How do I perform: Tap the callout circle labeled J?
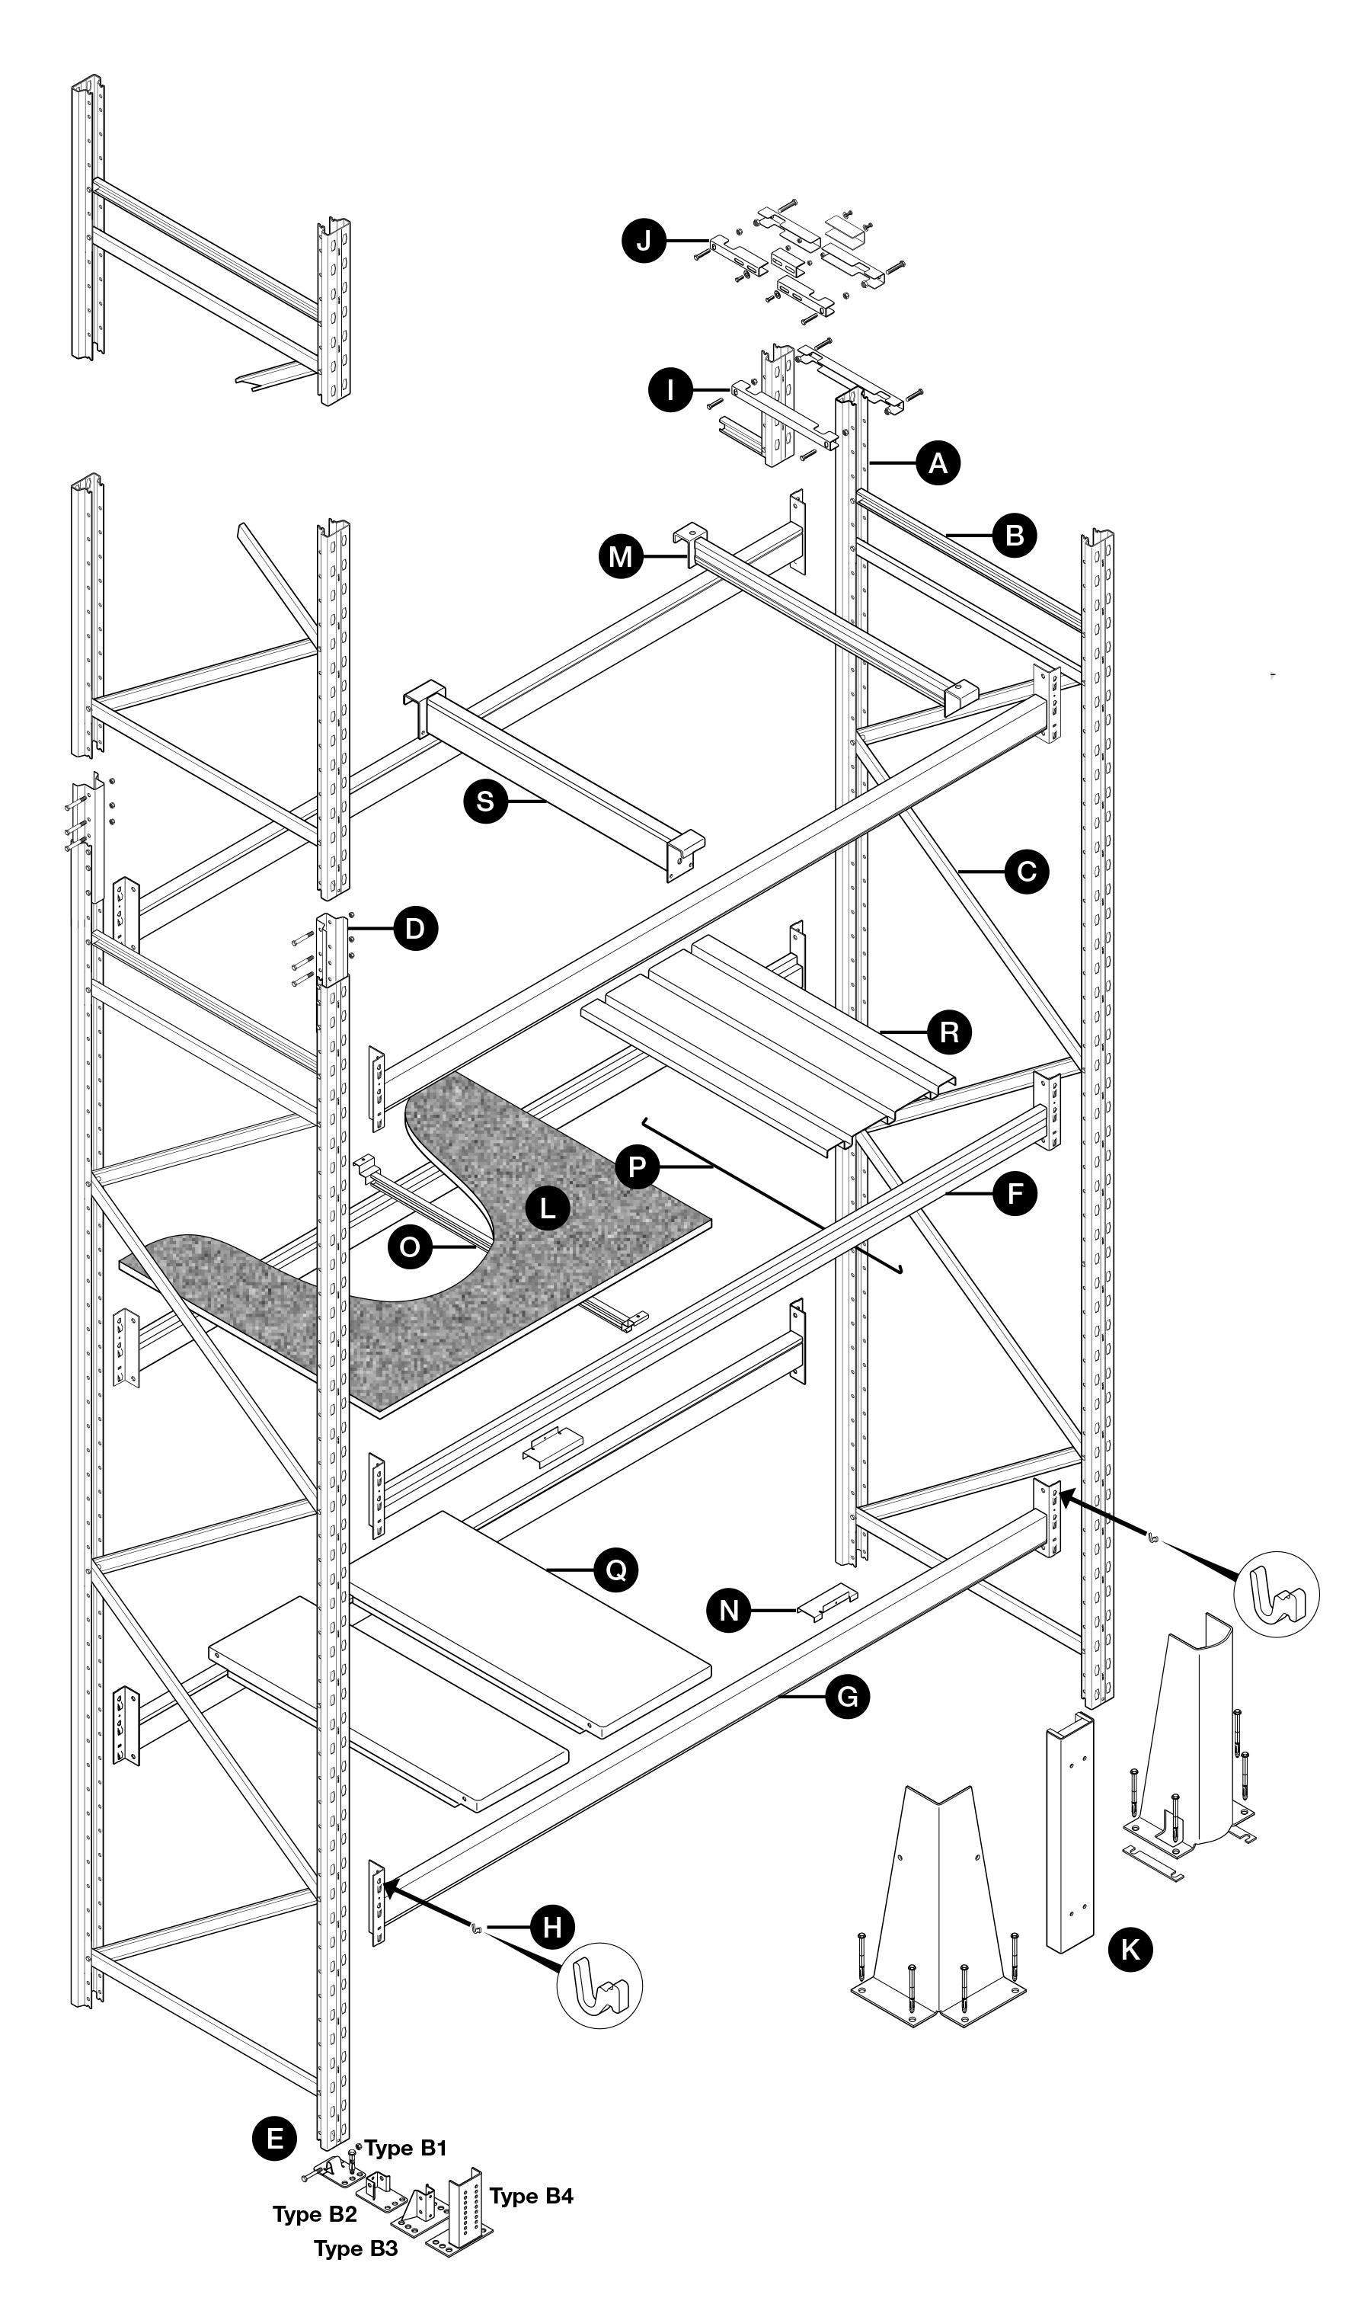(x=644, y=242)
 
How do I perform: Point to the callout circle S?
(x=485, y=802)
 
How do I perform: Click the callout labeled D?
(x=415, y=930)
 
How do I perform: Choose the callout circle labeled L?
(x=548, y=1208)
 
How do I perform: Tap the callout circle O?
(x=411, y=1247)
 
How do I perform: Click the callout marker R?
(x=948, y=1032)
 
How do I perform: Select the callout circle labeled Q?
(x=615, y=1570)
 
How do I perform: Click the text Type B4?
(x=531, y=2196)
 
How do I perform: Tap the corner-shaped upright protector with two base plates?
(x=938, y=1916)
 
